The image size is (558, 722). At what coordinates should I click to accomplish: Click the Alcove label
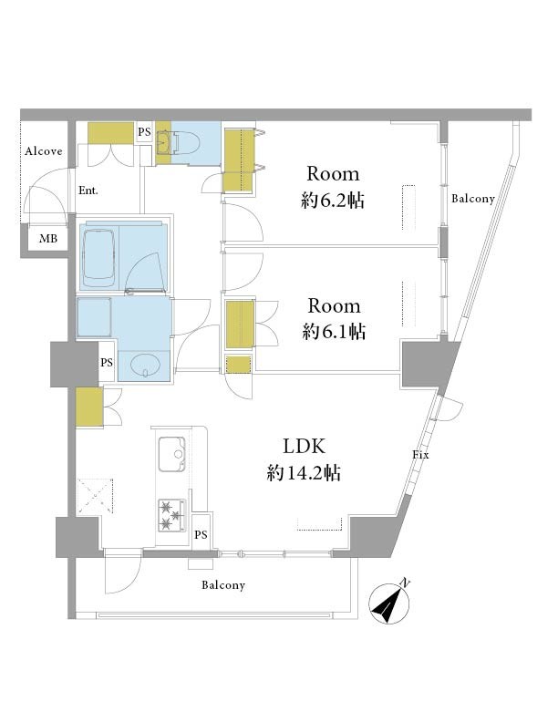[43, 151]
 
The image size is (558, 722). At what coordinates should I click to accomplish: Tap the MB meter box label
[48, 239]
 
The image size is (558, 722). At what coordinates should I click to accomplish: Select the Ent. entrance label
[88, 191]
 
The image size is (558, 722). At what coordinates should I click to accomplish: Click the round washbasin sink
[146, 366]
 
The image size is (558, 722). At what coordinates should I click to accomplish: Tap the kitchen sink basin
[172, 454]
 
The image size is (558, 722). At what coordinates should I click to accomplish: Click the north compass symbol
[389, 603]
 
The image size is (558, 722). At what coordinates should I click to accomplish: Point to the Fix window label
[420, 455]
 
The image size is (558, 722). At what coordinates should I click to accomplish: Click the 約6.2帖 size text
[333, 201]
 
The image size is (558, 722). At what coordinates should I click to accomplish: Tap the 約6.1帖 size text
[335, 332]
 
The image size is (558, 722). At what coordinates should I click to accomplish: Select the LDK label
[304, 446]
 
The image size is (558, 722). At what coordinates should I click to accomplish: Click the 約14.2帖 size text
[304, 473]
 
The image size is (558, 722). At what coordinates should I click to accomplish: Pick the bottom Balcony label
[223, 585]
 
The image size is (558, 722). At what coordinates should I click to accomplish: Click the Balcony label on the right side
[473, 199]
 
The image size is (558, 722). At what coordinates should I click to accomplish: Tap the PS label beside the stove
[201, 534]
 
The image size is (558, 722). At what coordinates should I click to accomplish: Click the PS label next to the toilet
[144, 131]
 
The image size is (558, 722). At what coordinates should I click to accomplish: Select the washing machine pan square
[95, 317]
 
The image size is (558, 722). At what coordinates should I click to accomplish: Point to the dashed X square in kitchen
[96, 496]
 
